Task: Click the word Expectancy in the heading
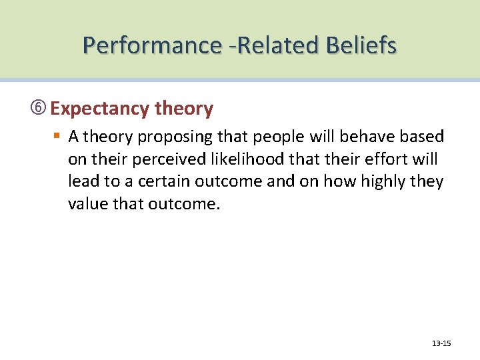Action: click(99, 109)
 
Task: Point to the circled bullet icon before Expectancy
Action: click(41, 109)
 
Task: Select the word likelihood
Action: click(237, 159)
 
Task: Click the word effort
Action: click(387, 159)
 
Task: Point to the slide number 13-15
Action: click(441, 343)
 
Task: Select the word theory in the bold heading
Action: click(183, 109)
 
